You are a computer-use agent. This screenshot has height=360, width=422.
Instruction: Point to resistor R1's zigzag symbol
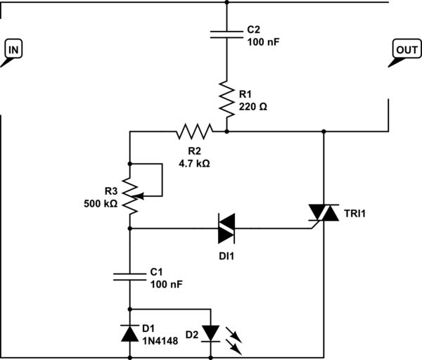coord(227,99)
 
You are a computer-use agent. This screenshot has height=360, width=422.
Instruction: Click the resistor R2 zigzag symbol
coord(193,131)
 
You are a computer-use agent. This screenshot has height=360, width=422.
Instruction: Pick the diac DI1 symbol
coord(227,228)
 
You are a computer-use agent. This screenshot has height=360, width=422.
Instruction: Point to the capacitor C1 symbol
coord(131,276)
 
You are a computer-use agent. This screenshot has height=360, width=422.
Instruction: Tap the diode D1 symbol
coord(131,333)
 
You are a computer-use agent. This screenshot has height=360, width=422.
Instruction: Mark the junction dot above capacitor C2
coord(227,3)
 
